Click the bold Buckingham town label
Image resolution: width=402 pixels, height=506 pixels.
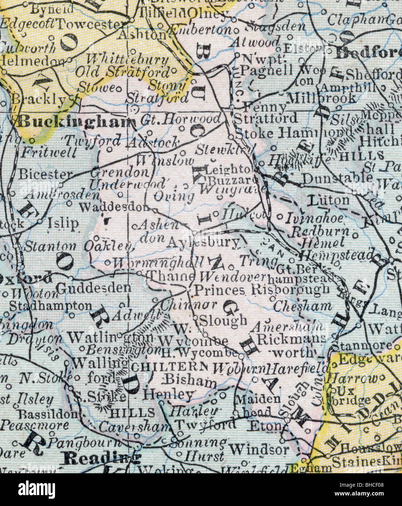[x=74, y=122]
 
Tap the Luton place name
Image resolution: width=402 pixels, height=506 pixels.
[x=328, y=200]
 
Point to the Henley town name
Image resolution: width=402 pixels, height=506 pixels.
[x=168, y=394]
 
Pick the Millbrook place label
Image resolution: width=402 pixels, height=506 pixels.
[x=321, y=98]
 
